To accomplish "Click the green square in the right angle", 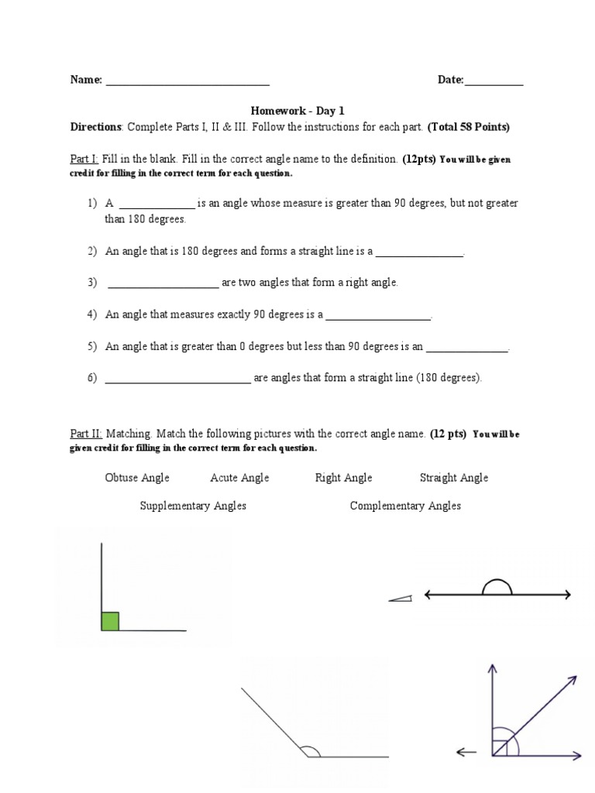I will [110, 621].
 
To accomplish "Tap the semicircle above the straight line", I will [497, 586].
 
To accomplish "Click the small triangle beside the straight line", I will [401, 598].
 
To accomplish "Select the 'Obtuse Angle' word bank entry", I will [137, 478].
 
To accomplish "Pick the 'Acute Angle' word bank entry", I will [239, 478].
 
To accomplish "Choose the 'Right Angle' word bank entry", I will [343, 478].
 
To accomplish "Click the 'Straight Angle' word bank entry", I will [454, 478].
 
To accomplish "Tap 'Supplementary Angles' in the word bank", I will [193, 506].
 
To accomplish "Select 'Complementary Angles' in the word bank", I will [405, 506].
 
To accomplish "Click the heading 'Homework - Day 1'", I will [297, 111].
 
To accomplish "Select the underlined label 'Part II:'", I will [86, 434].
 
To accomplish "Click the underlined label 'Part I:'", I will [84, 159].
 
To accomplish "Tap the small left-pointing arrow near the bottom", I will [466, 751].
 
